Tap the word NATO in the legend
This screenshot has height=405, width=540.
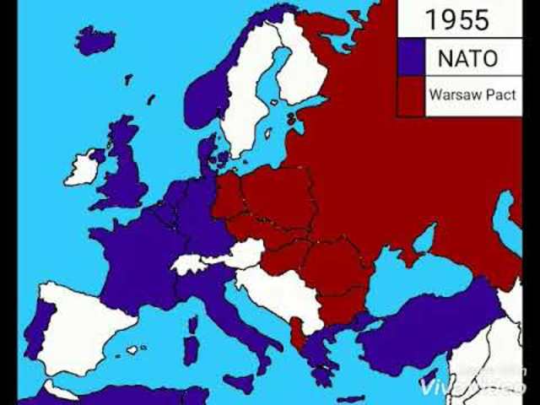[467, 58]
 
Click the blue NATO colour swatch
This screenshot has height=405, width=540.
[412, 58]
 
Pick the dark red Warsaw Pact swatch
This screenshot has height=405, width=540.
[412, 95]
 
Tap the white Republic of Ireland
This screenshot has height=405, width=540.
[82, 167]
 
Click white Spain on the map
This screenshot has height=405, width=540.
[84, 325]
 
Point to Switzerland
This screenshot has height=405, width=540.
[187, 264]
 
